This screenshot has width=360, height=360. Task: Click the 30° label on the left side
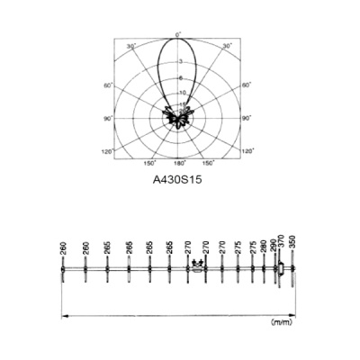tap(130, 46)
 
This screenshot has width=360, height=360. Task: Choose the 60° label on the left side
tap(108, 85)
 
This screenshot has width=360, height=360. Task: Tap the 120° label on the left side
tap(108, 150)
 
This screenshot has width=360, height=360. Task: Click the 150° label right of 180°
tap(208, 163)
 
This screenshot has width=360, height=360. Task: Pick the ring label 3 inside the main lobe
tap(180, 60)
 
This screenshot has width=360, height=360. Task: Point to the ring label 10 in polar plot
tap(183, 93)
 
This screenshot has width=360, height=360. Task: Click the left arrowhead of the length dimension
tap(63, 313)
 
